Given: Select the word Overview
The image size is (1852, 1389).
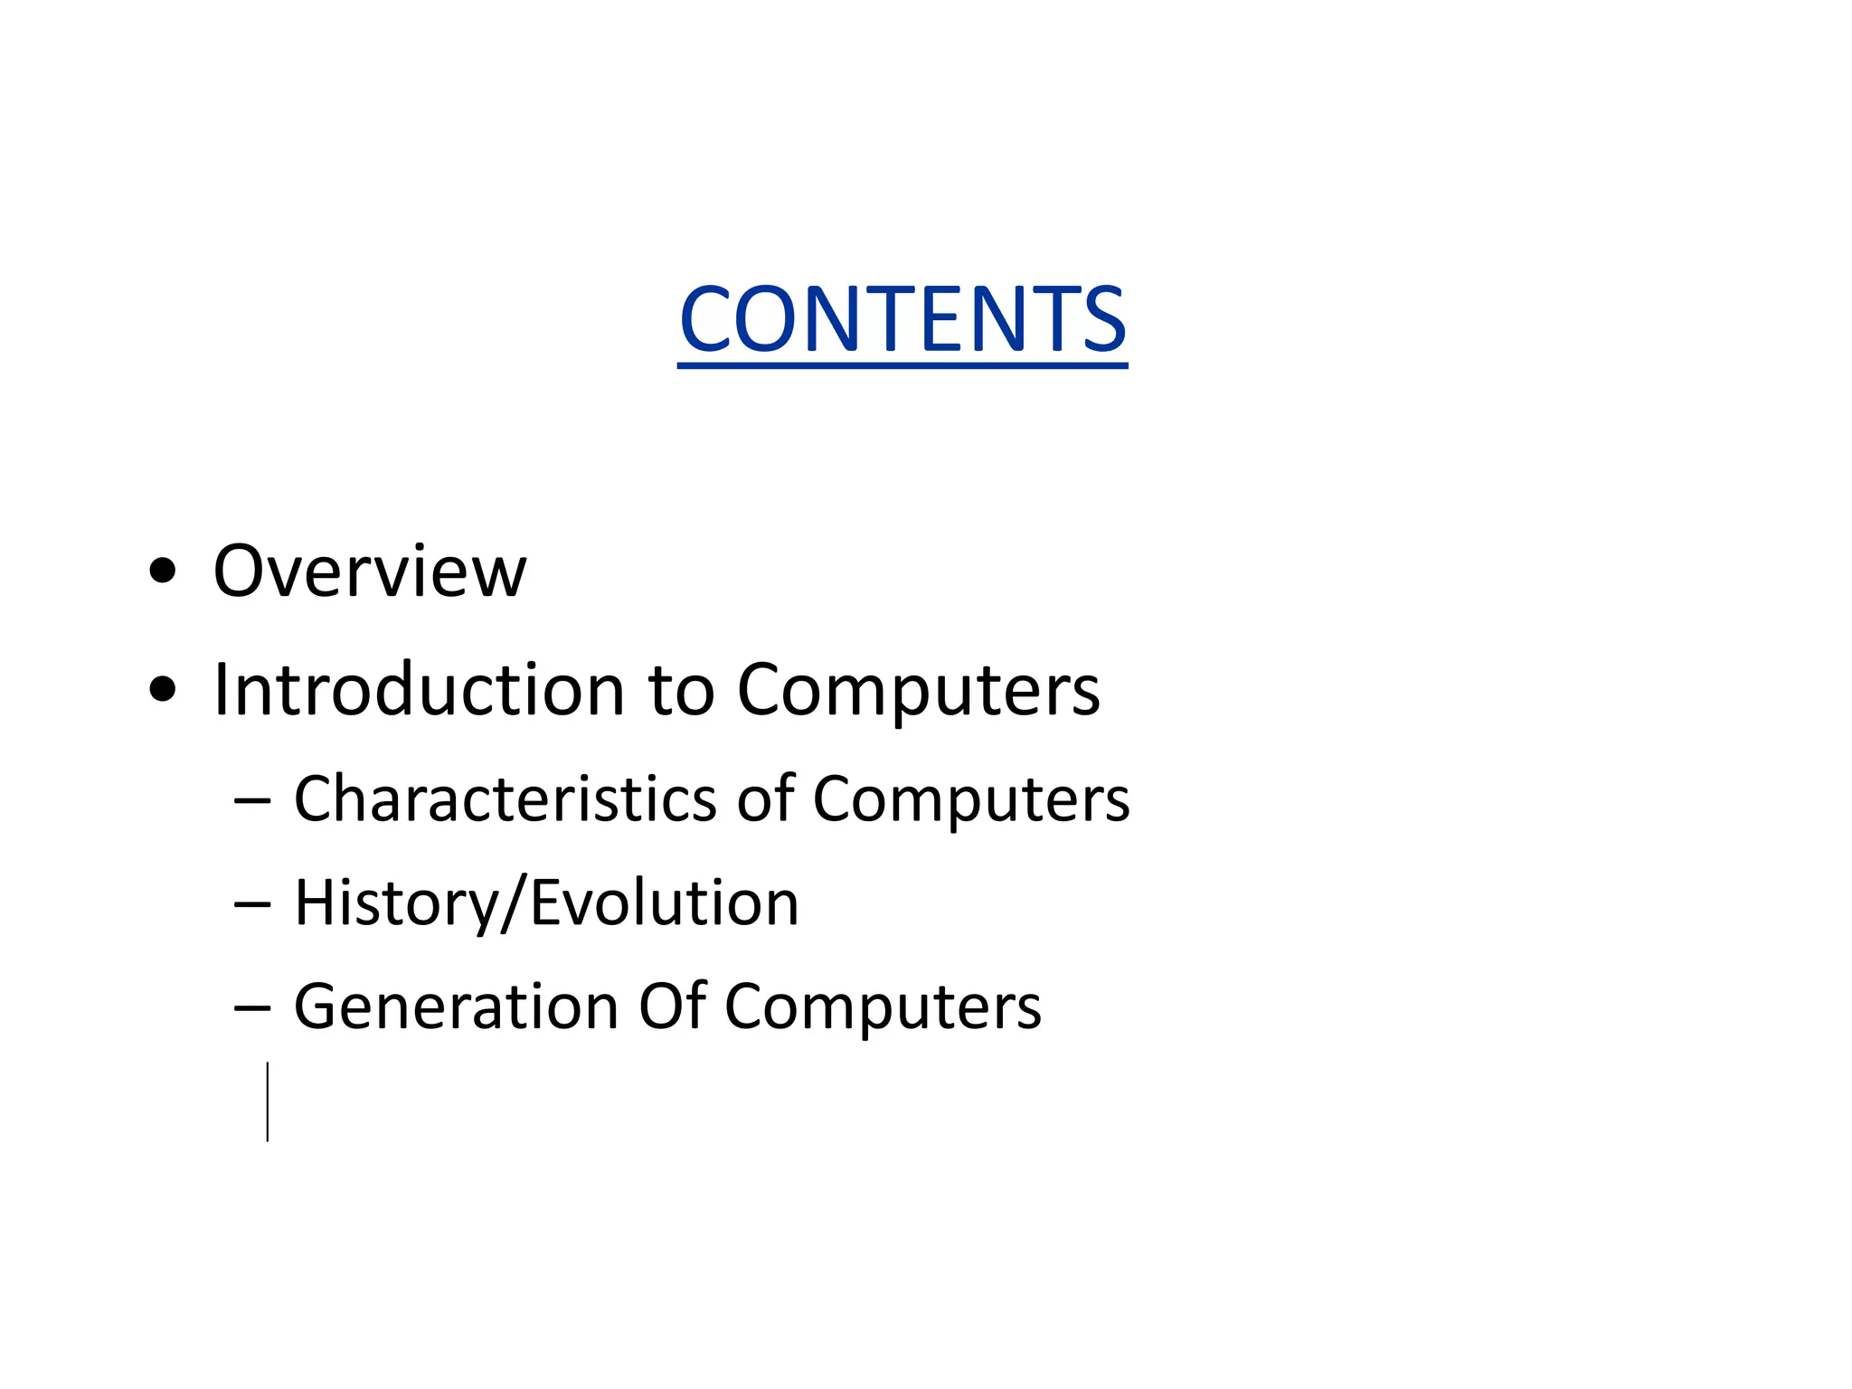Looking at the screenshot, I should pyautogui.click(x=369, y=572).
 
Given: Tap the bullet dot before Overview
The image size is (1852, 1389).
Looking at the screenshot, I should pyautogui.click(x=163, y=572).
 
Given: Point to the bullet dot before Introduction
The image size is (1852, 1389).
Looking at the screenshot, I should pyautogui.click(x=163, y=690).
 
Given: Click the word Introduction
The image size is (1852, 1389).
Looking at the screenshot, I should pyautogui.click(x=419, y=690).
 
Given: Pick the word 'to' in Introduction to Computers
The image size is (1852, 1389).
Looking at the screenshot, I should pyautogui.click(x=681, y=690).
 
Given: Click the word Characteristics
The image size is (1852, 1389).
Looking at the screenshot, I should pyautogui.click(x=506, y=799).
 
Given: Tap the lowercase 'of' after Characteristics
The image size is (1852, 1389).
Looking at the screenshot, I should pyautogui.click(x=765, y=799).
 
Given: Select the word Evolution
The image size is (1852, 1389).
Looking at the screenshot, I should pyautogui.click(x=665, y=902).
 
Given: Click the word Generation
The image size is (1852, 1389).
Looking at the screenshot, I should pyautogui.click(x=456, y=1007).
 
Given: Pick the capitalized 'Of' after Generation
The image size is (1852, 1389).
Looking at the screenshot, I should pyautogui.click(x=671, y=1006).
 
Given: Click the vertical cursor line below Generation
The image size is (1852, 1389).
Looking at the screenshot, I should pyautogui.click(x=268, y=1101).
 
